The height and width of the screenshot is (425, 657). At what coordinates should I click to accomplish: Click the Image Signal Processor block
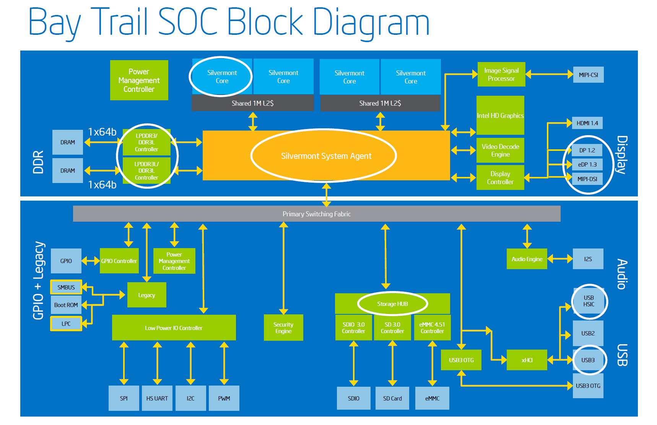coord(501,74)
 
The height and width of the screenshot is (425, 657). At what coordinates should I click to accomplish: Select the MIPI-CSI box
coord(588,75)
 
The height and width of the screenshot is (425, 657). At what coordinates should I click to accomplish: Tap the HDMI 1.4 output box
coord(587,123)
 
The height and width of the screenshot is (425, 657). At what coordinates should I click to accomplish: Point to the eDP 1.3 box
coord(587,165)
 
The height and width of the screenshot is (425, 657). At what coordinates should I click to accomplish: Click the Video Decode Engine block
coord(500,150)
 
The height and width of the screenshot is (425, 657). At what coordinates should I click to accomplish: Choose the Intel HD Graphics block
coord(500,115)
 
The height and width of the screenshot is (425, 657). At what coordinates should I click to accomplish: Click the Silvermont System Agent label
coord(326,156)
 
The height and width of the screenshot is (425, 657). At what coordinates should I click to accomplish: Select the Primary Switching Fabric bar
coord(317,214)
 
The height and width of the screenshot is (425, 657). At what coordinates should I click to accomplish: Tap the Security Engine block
coord(283,328)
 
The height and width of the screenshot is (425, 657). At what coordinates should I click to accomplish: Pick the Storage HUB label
coord(392,304)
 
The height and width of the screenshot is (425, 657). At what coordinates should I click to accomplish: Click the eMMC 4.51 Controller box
coord(432,328)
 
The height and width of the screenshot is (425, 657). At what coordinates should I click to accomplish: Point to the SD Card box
coord(392,399)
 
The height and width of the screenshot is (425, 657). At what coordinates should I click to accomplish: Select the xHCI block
coord(527,360)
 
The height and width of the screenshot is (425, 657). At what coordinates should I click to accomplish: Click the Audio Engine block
coord(527,259)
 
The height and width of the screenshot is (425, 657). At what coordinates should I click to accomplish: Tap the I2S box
coord(588,259)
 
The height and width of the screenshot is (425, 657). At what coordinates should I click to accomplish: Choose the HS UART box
coord(157,398)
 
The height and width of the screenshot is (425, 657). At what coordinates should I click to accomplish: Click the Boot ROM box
coord(66,305)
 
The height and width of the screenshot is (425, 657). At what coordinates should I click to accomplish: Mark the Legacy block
coord(146,295)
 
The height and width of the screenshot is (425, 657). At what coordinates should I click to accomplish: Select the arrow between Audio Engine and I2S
coord(560,259)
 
